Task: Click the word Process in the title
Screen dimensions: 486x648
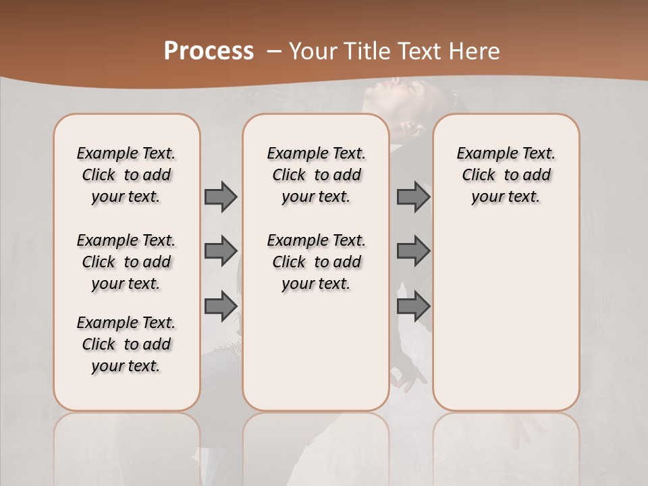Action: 209,51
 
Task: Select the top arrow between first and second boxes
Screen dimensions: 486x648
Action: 220,196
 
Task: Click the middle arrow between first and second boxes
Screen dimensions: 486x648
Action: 220,251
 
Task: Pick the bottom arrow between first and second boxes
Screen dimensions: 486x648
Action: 220,306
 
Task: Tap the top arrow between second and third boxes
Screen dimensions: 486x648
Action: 413,196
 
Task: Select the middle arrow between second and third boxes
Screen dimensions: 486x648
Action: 413,251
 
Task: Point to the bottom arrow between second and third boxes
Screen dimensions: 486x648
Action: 413,306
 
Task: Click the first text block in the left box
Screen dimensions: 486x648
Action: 126,175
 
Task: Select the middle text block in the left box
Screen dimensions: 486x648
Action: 126,262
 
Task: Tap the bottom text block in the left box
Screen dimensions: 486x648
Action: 126,344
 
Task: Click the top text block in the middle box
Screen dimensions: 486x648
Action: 316,175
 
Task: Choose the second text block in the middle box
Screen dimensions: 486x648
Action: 316,262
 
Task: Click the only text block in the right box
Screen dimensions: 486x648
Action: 506,175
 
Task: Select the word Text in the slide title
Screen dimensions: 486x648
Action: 420,51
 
